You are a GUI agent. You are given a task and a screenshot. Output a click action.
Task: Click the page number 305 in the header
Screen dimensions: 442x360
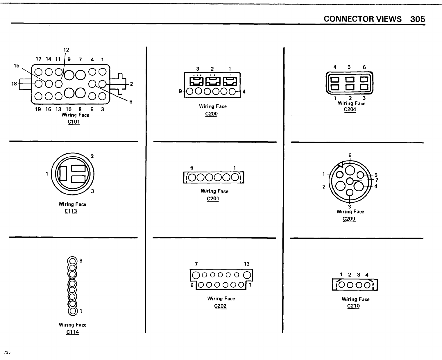(417, 19)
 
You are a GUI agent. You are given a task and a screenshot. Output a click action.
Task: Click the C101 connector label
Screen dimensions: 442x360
(74, 122)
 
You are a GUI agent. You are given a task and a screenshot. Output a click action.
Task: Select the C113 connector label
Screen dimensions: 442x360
(71, 211)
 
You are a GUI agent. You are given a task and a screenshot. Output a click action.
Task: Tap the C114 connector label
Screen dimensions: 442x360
(72, 332)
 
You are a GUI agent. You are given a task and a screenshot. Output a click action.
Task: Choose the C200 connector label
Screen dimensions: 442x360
(211, 113)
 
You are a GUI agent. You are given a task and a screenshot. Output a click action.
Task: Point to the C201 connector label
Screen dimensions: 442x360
(213, 199)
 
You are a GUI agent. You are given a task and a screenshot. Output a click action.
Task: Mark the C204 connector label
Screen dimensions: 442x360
(350, 109)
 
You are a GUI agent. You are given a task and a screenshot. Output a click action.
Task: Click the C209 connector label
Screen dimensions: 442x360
(349, 219)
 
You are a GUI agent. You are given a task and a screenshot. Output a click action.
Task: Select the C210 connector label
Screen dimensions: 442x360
(353, 306)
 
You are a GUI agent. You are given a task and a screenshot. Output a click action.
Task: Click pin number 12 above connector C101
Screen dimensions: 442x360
(66, 50)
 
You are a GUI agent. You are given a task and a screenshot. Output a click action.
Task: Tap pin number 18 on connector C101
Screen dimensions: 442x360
(14, 84)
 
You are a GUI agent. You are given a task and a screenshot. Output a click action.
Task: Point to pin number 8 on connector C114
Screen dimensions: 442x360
(81, 261)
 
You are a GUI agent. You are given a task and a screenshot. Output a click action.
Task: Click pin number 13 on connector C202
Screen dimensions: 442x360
(247, 264)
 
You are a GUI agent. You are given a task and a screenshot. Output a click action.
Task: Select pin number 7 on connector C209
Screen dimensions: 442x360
(377, 180)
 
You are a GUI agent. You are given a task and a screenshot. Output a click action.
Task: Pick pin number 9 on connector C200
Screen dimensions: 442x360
(180, 91)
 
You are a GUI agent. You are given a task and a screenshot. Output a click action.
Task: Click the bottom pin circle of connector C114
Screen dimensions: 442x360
(72, 311)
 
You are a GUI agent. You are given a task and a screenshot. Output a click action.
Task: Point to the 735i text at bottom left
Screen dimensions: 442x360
(8, 352)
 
